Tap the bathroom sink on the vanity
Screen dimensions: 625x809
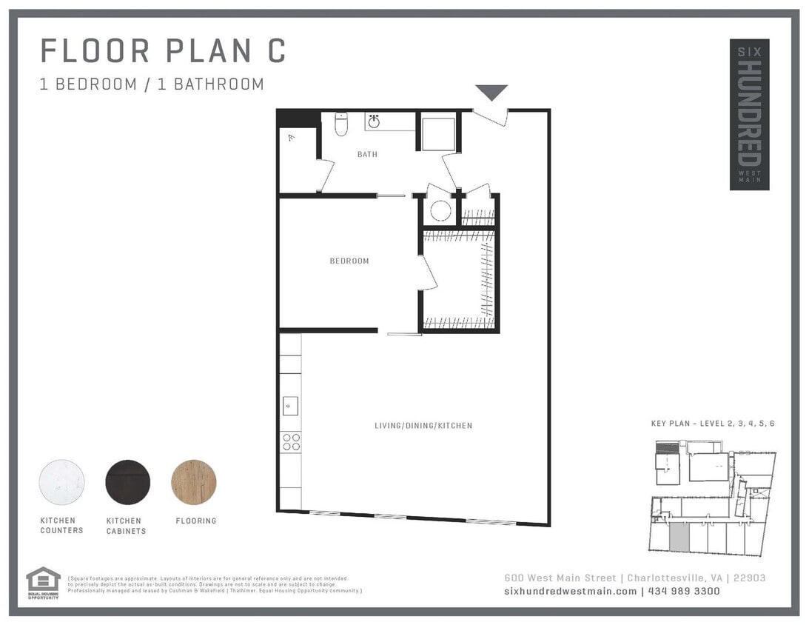pos(375,121)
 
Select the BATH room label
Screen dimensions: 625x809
pos(367,155)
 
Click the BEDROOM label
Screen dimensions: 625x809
pos(349,261)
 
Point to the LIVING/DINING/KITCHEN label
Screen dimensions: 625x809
pos(423,426)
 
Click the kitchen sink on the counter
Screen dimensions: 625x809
pos(290,406)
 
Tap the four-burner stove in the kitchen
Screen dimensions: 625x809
pos(291,442)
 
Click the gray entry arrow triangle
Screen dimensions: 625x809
pos(491,92)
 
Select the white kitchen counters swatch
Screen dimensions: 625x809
pos(61,482)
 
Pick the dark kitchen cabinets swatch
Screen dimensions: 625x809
pos(127,482)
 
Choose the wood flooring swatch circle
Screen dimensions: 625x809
pos(194,482)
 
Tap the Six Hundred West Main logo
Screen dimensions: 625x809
pos(749,114)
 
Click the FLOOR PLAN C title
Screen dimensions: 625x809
pos(163,51)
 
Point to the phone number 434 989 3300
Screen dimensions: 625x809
pos(684,591)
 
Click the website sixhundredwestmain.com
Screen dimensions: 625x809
pos(570,591)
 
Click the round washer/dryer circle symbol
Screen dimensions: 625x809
pos(440,212)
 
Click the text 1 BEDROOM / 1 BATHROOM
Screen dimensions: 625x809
pos(152,84)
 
